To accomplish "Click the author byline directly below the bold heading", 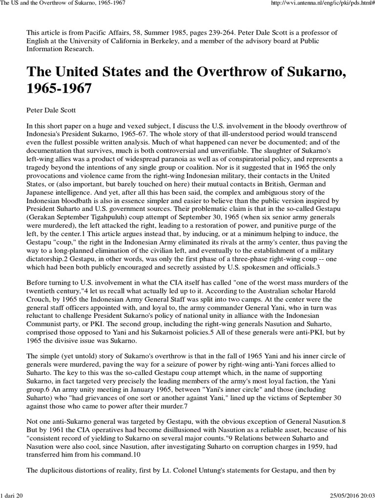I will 50,111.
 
